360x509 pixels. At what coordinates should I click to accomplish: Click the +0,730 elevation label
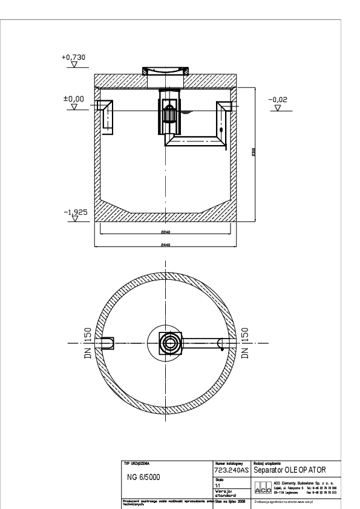[74, 57]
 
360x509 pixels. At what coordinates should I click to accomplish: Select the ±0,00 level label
[74, 97]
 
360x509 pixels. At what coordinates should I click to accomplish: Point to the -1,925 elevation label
[74, 212]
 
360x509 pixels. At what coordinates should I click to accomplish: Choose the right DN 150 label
[246, 344]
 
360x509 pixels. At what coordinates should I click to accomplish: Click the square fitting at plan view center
[169, 343]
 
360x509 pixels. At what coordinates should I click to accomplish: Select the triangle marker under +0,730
[74, 64]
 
